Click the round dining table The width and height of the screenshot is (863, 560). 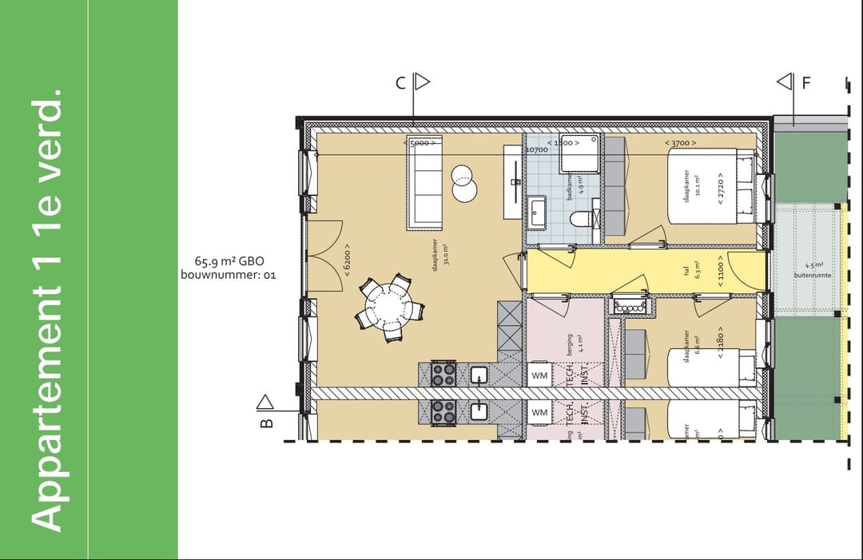click(389, 304)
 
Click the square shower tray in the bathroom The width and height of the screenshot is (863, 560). click(579, 153)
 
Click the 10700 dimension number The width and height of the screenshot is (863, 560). click(535, 149)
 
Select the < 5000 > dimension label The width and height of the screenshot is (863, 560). click(421, 143)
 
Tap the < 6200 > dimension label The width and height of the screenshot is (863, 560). click(347, 260)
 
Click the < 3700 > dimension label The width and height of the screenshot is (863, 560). click(680, 143)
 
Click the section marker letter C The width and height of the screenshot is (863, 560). click(401, 81)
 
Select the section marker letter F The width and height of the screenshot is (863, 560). click(806, 81)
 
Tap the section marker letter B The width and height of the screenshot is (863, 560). click(267, 422)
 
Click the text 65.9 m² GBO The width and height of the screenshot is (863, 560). click(229, 260)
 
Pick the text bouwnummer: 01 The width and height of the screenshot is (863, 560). click(229, 275)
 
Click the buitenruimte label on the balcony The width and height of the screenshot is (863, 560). click(812, 275)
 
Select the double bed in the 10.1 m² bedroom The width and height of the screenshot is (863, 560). click(710, 189)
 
